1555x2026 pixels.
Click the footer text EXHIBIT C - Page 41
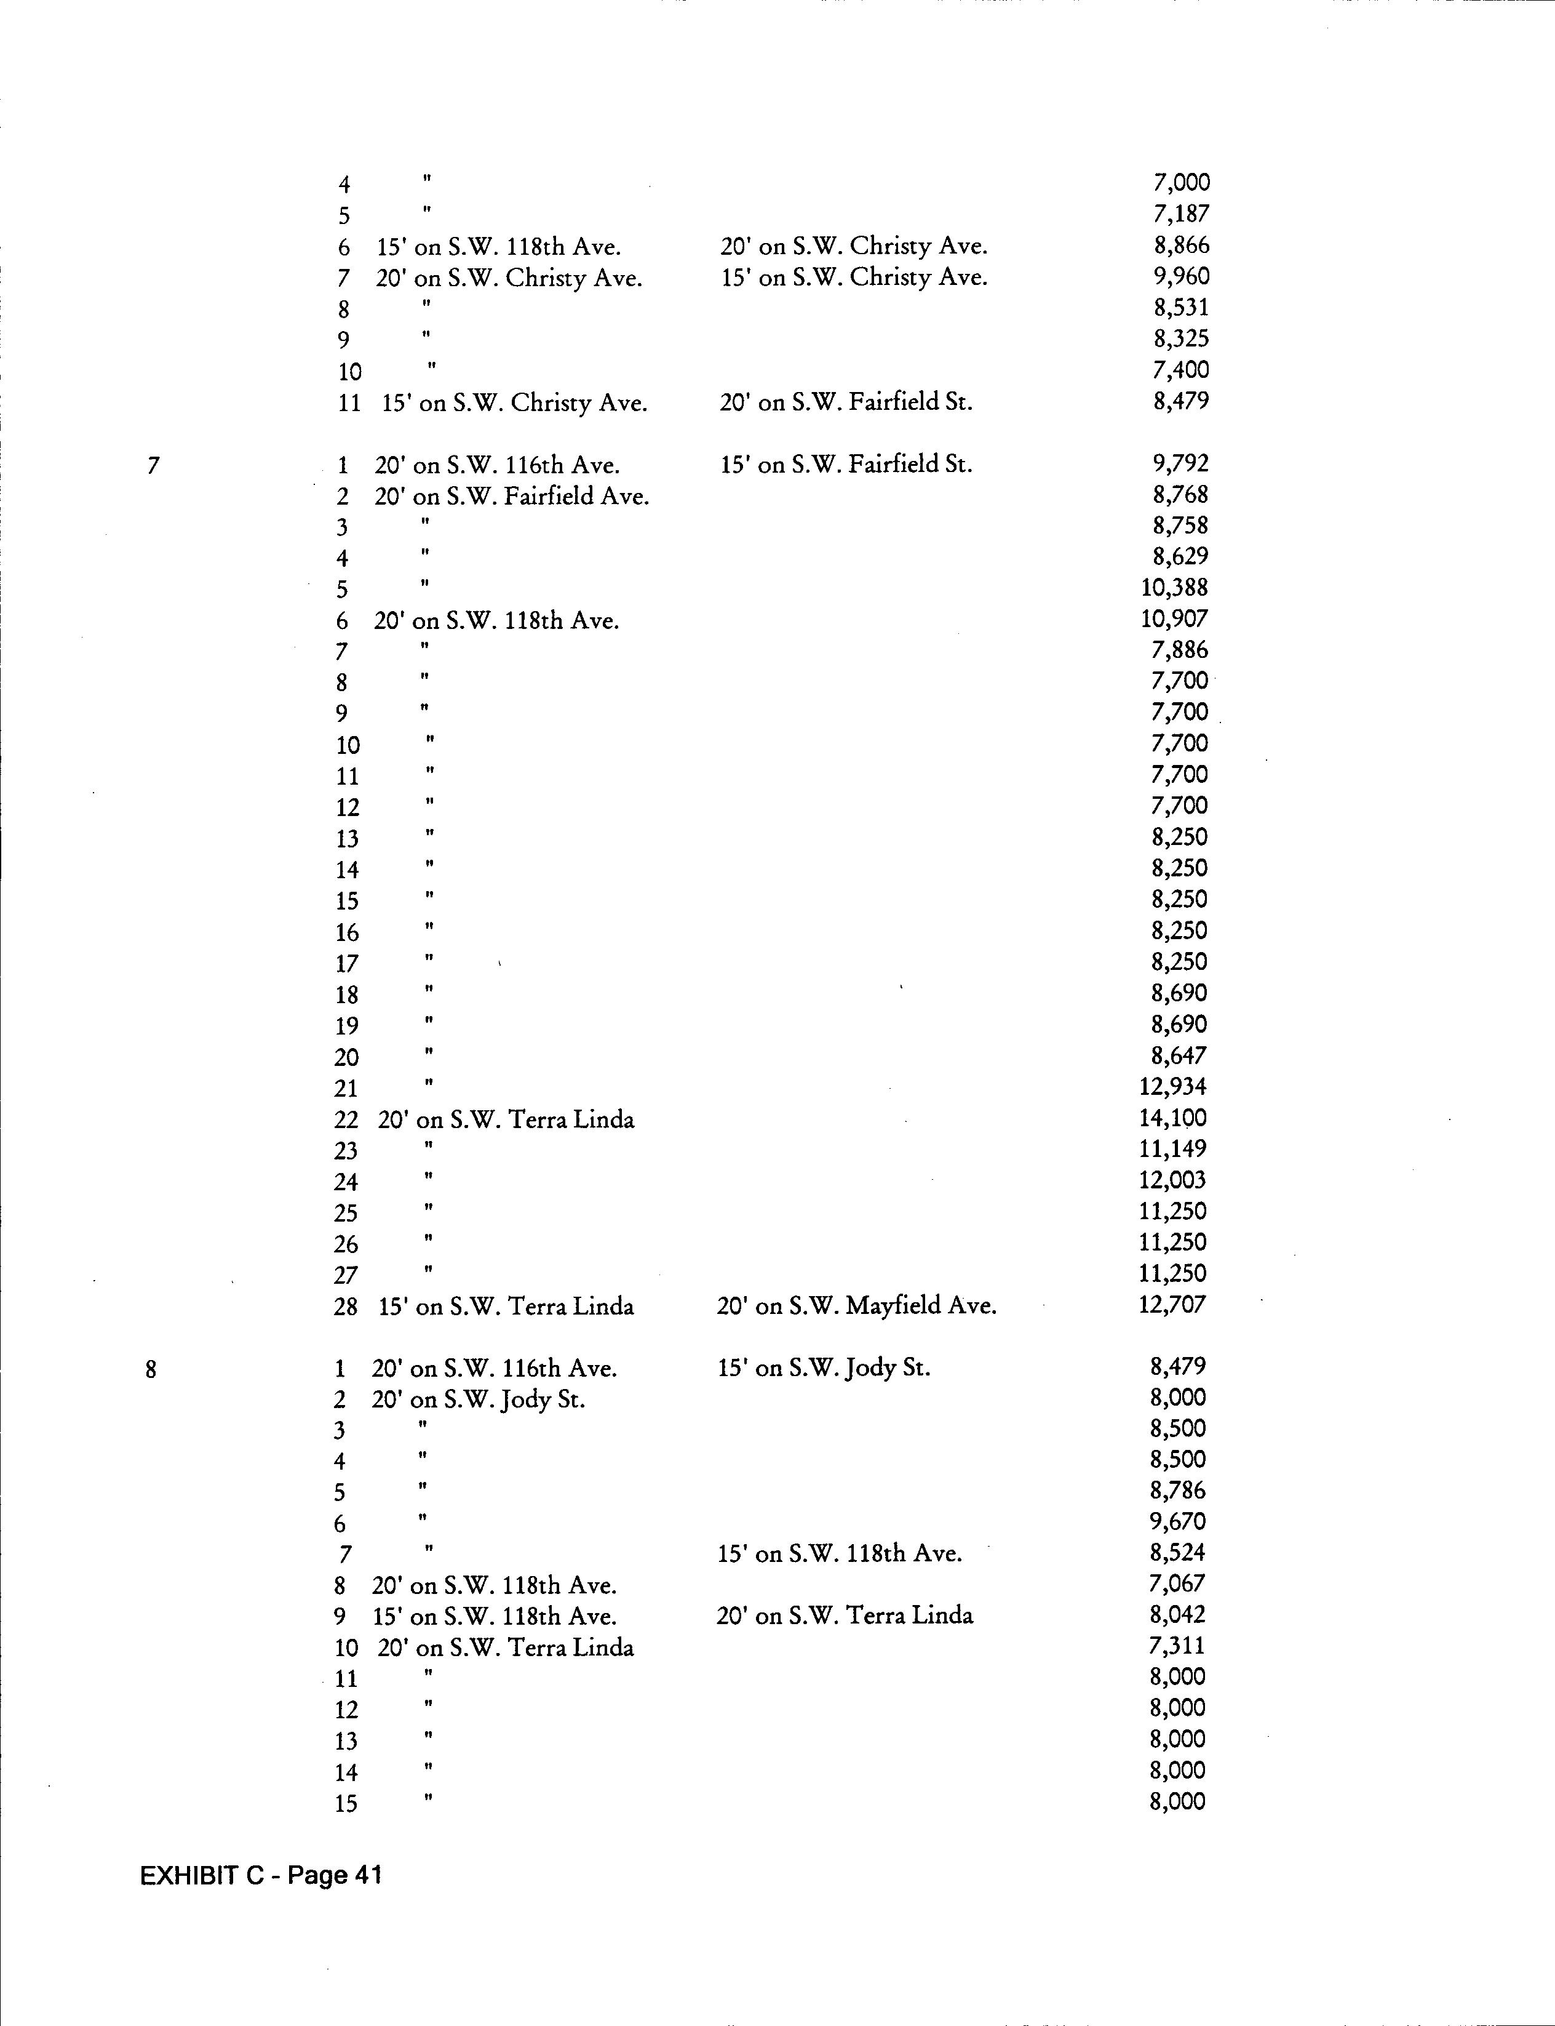[260, 1876]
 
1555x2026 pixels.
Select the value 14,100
[1173, 1118]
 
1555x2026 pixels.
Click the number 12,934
[1173, 1086]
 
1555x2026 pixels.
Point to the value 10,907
[1174, 619]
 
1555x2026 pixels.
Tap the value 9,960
[1181, 276]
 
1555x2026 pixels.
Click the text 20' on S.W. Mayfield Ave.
[856, 1305]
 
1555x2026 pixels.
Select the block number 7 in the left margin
[153, 465]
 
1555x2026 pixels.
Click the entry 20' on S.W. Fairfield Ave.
[512, 496]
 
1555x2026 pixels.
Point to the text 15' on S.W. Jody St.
[824, 1367]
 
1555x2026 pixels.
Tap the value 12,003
[1173, 1180]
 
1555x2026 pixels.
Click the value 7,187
[1181, 214]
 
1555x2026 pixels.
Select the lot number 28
[345, 1307]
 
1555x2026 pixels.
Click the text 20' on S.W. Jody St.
[479, 1399]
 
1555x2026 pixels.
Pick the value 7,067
[1177, 1584]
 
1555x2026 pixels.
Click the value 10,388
[1174, 587]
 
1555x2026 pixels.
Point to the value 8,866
[1181, 246]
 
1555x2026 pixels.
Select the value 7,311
[1177, 1646]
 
